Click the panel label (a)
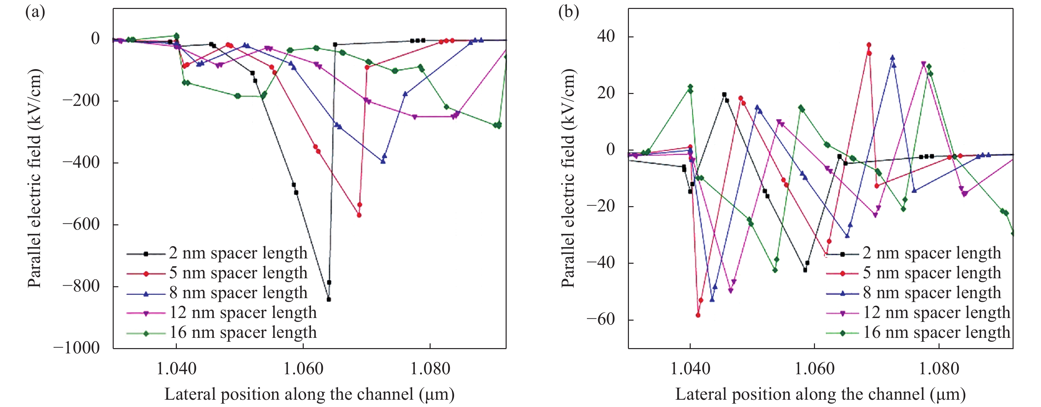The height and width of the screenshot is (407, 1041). click(35, 13)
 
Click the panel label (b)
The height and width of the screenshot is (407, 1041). click(568, 13)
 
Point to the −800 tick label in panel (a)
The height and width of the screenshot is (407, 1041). click(81, 286)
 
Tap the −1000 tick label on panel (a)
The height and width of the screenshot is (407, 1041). click(76, 348)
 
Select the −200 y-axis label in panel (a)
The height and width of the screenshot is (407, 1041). click(81, 100)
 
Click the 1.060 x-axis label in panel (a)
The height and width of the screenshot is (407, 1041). click(303, 369)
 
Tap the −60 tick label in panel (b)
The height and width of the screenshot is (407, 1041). click(600, 320)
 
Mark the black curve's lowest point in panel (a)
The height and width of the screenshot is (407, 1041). click(329, 299)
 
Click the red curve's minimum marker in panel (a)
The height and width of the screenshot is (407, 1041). click(359, 215)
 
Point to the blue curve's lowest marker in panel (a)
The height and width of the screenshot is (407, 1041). click(383, 161)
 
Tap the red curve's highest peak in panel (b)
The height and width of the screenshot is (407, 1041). click(869, 45)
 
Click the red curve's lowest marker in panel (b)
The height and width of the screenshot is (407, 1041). click(698, 315)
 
